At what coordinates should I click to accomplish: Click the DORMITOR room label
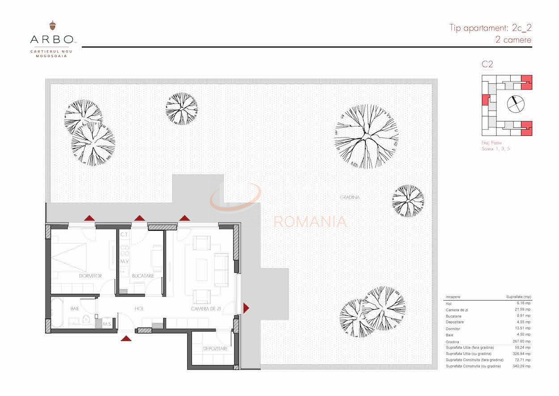pyautogui.click(x=90, y=276)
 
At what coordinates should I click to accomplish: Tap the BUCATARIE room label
pyautogui.click(x=143, y=276)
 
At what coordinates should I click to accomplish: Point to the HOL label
pyautogui.click(x=139, y=309)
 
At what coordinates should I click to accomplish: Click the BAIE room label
pyautogui.click(x=75, y=309)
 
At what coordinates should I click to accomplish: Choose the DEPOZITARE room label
pyautogui.click(x=216, y=349)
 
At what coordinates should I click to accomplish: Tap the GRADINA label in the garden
pyautogui.click(x=350, y=197)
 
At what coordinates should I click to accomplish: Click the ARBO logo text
pyautogui.click(x=51, y=39)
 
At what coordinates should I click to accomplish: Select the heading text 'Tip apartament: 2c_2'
pyautogui.click(x=490, y=28)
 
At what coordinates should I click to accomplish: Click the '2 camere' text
pyautogui.click(x=513, y=40)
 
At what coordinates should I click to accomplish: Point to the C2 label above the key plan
pyautogui.click(x=487, y=64)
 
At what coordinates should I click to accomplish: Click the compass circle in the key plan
pyautogui.click(x=516, y=104)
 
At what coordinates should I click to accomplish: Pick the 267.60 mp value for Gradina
pyautogui.click(x=521, y=341)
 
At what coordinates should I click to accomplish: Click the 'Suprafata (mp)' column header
pyautogui.click(x=518, y=297)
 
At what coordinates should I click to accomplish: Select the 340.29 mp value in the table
pyautogui.click(x=521, y=366)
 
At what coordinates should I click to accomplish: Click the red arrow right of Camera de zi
pyautogui.click(x=246, y=308)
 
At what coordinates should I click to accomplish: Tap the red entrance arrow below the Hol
pyautogui.click(x=127, y=339)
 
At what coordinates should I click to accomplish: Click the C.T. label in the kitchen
pyautogui.click(x=124, y=235)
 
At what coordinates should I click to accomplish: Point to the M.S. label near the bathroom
pyautogui.click(x=107, y=324)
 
